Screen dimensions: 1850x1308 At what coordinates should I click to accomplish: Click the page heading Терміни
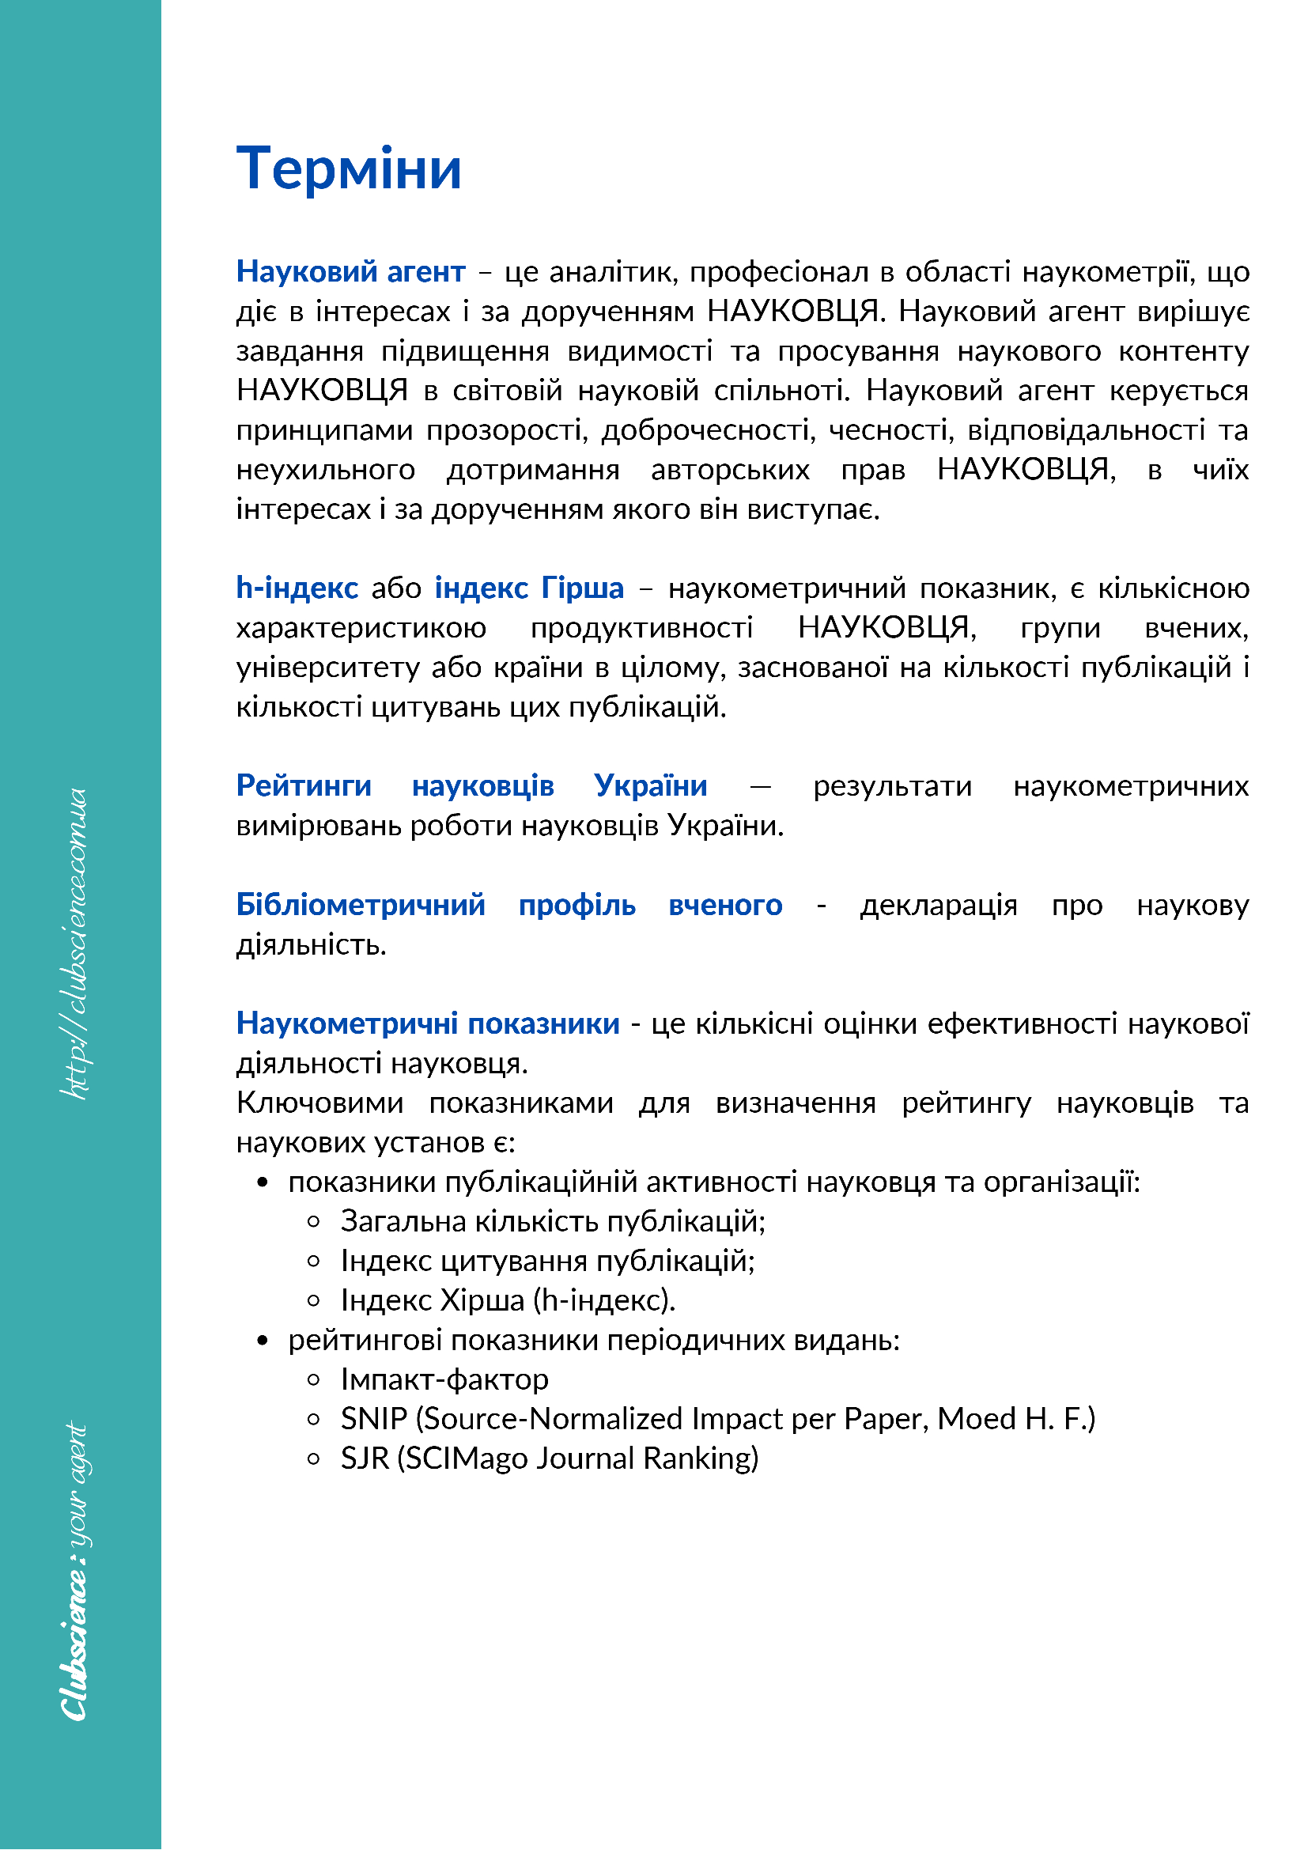349,169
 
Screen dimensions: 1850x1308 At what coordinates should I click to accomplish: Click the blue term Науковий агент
350,271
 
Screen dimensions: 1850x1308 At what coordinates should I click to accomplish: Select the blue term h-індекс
297,588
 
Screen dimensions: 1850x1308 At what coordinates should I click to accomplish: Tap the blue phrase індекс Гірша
529,588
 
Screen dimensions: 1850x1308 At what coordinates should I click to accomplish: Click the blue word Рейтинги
304,785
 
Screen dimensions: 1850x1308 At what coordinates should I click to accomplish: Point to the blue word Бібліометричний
360,905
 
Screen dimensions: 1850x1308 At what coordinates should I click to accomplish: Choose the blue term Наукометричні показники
428,1023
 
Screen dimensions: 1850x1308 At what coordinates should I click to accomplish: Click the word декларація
939,905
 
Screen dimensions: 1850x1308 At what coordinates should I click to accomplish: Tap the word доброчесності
706,430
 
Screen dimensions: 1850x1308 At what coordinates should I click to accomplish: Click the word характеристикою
361,628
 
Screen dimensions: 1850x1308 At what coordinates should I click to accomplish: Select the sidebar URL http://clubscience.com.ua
77,944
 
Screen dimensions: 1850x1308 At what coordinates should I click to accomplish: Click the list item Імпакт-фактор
444,1379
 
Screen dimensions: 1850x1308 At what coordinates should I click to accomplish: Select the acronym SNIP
374,1419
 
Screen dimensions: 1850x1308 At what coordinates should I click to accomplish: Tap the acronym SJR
365,1458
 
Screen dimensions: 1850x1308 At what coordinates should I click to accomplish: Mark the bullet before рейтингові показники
262,1341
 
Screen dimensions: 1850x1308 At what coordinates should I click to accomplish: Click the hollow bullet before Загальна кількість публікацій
314,1222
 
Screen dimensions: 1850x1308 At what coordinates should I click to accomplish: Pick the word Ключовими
319,1103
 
